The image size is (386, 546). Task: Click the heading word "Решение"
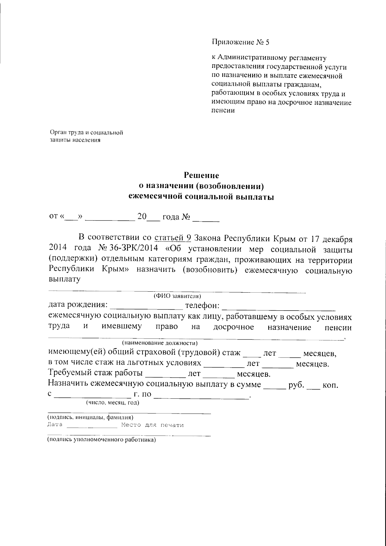[x=201, y=176]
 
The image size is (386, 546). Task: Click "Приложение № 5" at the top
[x=240, y=42]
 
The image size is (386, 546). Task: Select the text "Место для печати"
[x=152, y=425]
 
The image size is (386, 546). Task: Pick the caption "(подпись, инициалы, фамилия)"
[x=90, y=417]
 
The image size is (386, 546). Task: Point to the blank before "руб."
[x=274, y=386]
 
